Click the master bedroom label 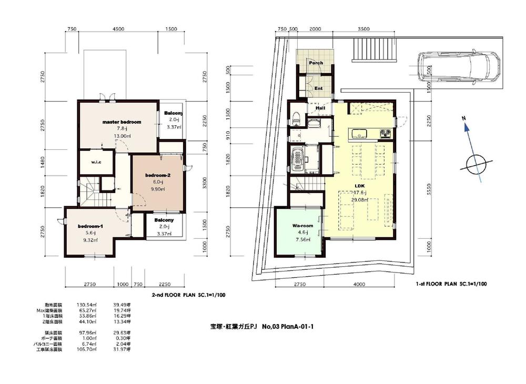(x=122, y=122)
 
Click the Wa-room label (x=303, y=226)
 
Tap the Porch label (x=316, y=63)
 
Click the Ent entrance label (x=318, y=89)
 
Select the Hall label (x=320, y=108)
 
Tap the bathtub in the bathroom (x=298, y=158)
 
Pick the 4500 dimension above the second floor (x=118, y=29)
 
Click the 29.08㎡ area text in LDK (x=360, y=200)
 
